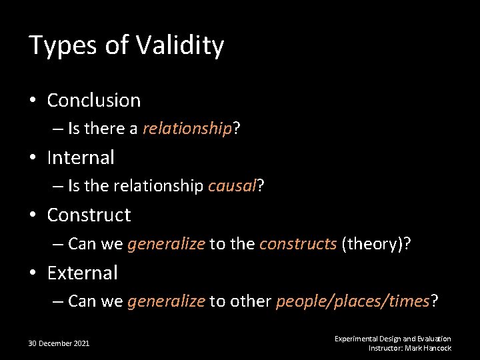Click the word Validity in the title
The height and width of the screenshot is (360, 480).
coord(180,46)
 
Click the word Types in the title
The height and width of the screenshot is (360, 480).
coord(65,46)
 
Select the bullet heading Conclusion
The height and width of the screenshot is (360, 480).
coord(94,101)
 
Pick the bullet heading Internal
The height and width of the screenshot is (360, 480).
coord(81,158)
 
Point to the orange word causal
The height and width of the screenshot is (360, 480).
coord(232,187)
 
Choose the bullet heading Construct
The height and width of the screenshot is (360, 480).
coord(89,215)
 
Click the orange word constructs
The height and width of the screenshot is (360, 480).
coord(298,244)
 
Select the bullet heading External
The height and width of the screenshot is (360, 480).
coord(83,273)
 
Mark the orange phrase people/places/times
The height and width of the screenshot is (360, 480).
coord(353,301)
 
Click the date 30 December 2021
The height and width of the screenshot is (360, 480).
coord(59,343)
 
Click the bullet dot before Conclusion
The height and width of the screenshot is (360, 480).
coord(33,101)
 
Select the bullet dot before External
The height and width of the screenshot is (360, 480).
coord(33,273)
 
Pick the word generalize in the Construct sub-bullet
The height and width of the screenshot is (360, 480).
coord(166,244)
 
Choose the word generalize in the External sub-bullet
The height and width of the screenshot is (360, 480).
coord(166,301)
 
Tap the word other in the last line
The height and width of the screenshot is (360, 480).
coord(250,301)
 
